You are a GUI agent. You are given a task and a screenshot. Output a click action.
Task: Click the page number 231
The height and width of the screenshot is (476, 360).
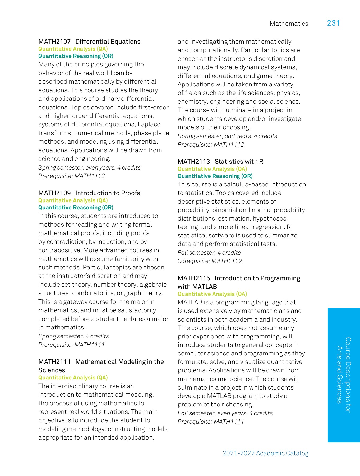pyautogui.click(x=333, y=23)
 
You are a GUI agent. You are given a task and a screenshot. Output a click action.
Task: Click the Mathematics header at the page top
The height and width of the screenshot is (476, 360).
pyautogui.click(x=289, y=24)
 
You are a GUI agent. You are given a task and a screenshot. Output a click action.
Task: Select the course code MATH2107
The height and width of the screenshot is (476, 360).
pyautogui.click(x=54, y=42)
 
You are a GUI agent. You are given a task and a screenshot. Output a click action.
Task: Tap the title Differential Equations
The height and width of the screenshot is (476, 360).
pyautogui.click(x=108, y=42)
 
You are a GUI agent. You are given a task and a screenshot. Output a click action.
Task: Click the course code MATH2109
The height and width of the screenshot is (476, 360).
pyautogui.click(x=54, y=193)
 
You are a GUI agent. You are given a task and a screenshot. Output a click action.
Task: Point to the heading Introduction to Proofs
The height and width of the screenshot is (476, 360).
pyautogui.click(x=108, y=193)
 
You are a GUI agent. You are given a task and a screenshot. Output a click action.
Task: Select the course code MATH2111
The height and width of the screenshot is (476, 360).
pyautogui.click(x=54, y=362)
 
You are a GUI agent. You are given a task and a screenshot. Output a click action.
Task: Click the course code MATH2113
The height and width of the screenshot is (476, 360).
pyautogui.click(x=194, y=162)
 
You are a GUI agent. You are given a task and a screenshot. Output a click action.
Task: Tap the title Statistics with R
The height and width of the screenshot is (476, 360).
pyautogui.click(x=239, y=162)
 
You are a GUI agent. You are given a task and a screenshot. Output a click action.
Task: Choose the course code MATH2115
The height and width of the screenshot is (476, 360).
pyautogui.click(x=194, y=278)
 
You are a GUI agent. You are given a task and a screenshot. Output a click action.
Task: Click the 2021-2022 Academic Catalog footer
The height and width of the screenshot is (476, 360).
pyautogui.click(x=265, y=453)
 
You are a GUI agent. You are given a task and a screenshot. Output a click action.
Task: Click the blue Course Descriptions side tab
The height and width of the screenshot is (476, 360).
pyautogui.click(x=344, y=375)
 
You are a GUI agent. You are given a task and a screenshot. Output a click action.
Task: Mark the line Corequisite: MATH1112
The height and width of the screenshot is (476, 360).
pyautogui.click(x=210, y=261)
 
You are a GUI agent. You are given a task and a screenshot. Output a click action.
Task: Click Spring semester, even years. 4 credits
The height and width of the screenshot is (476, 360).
pyautogui.click(x=89, y=168)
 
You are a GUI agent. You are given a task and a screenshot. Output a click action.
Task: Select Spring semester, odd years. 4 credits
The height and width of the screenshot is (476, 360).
pyautogui.click(x=227, y=136)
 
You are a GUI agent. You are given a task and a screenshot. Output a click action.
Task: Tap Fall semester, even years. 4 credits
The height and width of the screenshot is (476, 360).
pyautogui.click(x=225, y=413)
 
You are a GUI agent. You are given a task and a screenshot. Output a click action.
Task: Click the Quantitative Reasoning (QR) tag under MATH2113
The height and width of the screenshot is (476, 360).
pyautogui.click(x=215, y=176)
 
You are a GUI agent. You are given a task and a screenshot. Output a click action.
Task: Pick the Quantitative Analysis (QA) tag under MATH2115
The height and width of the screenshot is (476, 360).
pyautogui.click(x=212, y=294)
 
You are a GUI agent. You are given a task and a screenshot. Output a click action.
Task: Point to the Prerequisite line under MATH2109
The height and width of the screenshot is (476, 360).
pyautogui.click(x=71, y=345)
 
